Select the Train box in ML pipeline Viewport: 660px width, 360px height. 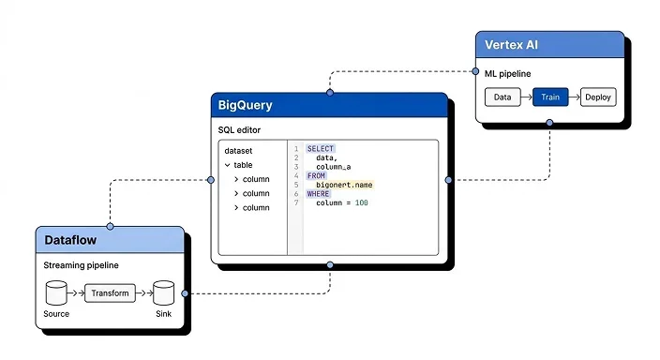coord(550,97)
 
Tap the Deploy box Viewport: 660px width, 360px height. coord(597,97)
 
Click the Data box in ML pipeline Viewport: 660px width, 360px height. coord(502,97)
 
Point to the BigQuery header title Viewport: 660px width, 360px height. coord(246,105)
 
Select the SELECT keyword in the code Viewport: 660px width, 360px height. coord(320,149)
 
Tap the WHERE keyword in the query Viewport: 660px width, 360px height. coord(319,193)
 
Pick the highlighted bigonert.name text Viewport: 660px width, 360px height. coord(344,185)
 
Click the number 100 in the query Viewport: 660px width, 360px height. coord(361,202)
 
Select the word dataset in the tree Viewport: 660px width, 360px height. coord(238,150)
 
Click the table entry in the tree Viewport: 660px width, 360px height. coord(242,164)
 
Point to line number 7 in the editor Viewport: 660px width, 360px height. coord(296,202)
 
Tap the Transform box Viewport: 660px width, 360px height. coord(110,292)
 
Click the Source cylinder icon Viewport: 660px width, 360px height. coord(57,292)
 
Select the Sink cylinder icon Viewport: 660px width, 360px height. coord(164,292)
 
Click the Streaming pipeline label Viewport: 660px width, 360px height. coord(81,265)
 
